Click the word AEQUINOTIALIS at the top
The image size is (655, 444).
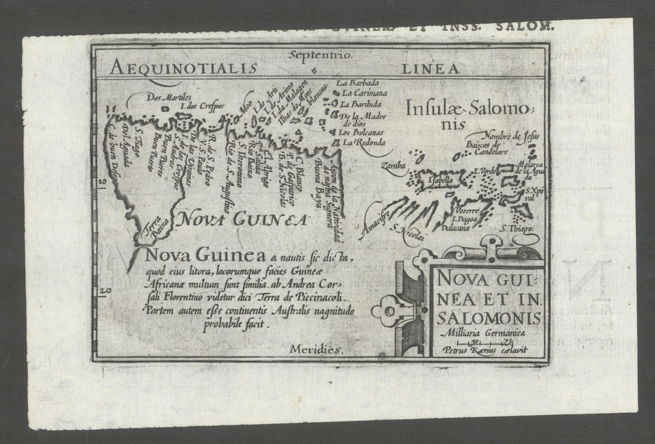coord(183,67)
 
